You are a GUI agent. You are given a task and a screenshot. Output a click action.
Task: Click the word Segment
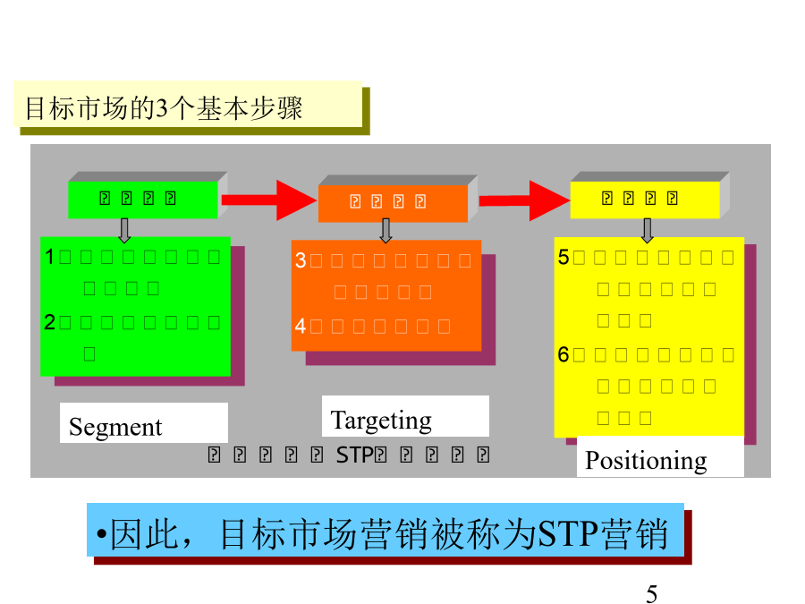pos(115,427)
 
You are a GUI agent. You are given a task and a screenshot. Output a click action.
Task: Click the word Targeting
pos(381,420)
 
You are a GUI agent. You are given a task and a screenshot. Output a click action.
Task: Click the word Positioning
pos(646,460)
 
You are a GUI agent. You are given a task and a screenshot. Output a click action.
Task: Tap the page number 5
pos(651,593)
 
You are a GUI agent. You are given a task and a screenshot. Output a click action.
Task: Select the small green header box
pos(142,199)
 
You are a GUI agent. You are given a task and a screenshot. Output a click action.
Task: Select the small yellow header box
pos(644,199)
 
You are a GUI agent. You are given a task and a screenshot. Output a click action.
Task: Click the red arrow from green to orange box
pos(268,200)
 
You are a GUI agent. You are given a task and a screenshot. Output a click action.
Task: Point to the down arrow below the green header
pos(124,230)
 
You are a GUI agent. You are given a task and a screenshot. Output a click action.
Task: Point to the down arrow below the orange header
pos(386,230)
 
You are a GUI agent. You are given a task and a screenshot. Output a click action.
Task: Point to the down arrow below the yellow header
pos(648,230)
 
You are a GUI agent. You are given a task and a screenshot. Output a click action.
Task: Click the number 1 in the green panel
pos(51,257)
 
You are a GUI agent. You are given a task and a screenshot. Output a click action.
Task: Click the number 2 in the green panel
pos(51,322)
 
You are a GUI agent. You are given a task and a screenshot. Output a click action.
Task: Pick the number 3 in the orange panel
pos(301,260)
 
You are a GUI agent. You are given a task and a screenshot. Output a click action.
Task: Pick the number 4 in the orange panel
pos(301,326)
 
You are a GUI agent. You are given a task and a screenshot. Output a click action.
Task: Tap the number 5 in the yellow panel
pos(563,257)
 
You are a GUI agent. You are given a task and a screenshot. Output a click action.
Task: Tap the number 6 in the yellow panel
pos(563,354)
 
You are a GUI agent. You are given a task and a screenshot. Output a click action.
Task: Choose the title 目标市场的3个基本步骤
pos(164,108)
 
